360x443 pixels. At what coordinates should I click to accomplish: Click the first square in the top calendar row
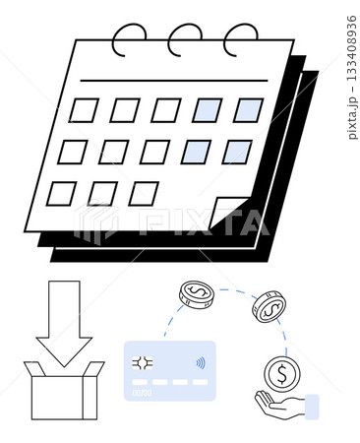click(83, 110)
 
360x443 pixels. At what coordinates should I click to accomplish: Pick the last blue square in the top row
click(248, 110)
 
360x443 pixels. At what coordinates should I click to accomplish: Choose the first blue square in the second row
click(196, 152)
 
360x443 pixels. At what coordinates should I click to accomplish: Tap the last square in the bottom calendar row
click(144, 193)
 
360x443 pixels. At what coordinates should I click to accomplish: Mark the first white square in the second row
click(72, 152)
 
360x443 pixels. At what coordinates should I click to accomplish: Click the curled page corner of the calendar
click(228, 211)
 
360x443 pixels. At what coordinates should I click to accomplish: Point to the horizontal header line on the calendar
click(177, 80)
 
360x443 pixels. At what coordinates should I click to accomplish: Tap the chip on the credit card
click(144, 362)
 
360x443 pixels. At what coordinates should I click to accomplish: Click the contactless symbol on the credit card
click(201, 361)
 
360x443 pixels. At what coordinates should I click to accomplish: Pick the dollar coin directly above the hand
click(281, 373)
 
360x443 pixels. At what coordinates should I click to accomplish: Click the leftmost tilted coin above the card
click(196, 293)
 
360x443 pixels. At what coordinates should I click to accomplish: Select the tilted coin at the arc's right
click(268, 306)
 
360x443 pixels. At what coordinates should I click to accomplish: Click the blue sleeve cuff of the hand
click(312, 407)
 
